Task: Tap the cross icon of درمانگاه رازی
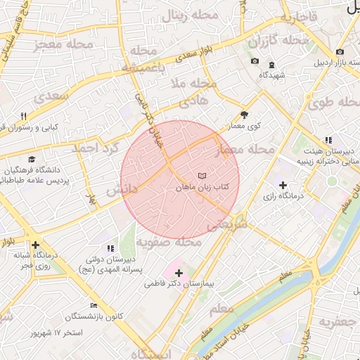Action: coord(283,185)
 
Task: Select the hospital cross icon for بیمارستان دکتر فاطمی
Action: coord(178,272)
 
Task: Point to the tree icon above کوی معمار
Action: coord(244,114)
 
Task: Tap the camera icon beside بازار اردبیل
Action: coord(340,52)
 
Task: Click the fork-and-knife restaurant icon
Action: coord(23,117)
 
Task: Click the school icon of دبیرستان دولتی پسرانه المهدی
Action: coord(110,248)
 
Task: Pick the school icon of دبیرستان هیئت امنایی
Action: coord(328,140)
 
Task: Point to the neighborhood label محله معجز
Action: coord(63,46)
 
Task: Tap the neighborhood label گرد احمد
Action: coord(96,148)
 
